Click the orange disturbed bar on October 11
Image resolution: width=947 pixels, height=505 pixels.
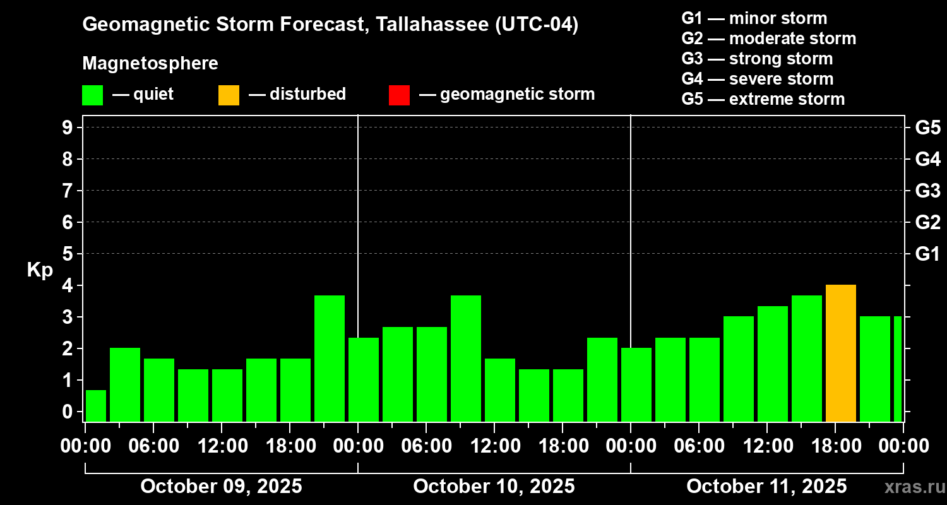840,353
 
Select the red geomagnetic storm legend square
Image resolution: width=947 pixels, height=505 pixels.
399,95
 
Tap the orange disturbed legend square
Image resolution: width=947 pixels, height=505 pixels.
229,95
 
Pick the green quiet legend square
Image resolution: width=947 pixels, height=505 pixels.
92,95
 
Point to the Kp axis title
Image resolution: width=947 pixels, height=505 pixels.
40,270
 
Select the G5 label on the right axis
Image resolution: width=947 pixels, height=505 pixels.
927,128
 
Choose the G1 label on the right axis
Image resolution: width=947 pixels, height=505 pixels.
927,254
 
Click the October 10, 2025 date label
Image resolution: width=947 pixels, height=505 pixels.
494,487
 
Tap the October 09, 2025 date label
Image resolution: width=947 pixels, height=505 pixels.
221,487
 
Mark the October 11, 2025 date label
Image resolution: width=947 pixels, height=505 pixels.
766,487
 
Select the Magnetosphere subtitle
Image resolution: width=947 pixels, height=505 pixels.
150,64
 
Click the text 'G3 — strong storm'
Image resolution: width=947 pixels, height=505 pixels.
757,59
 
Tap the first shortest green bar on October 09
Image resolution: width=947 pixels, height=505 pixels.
96,406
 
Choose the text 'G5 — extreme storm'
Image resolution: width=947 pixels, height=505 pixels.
763,99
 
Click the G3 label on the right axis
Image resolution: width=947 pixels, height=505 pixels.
927,191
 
